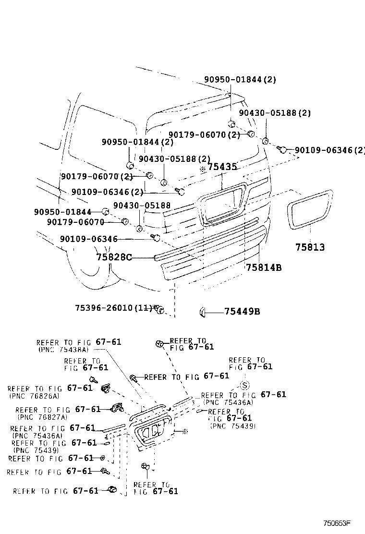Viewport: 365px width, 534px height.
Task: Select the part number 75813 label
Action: pos(310,247)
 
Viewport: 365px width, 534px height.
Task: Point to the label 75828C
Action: pos(114,257)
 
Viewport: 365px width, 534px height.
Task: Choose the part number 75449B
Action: pos(242,312)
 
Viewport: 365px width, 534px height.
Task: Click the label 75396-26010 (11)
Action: pos(113,307)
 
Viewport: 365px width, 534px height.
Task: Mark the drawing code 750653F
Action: pos(337,522)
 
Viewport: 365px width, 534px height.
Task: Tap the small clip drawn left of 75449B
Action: pos(202,313)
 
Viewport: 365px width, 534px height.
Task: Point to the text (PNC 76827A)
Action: pos(41,418)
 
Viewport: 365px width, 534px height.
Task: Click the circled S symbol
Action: pos(244,385)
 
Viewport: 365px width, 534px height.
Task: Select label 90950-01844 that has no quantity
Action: pos(62,212)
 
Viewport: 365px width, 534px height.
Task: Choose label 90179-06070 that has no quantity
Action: pos(75,222)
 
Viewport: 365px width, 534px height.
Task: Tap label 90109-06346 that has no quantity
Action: pos(89,239)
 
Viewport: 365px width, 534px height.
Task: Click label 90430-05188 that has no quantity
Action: pos(142,205)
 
